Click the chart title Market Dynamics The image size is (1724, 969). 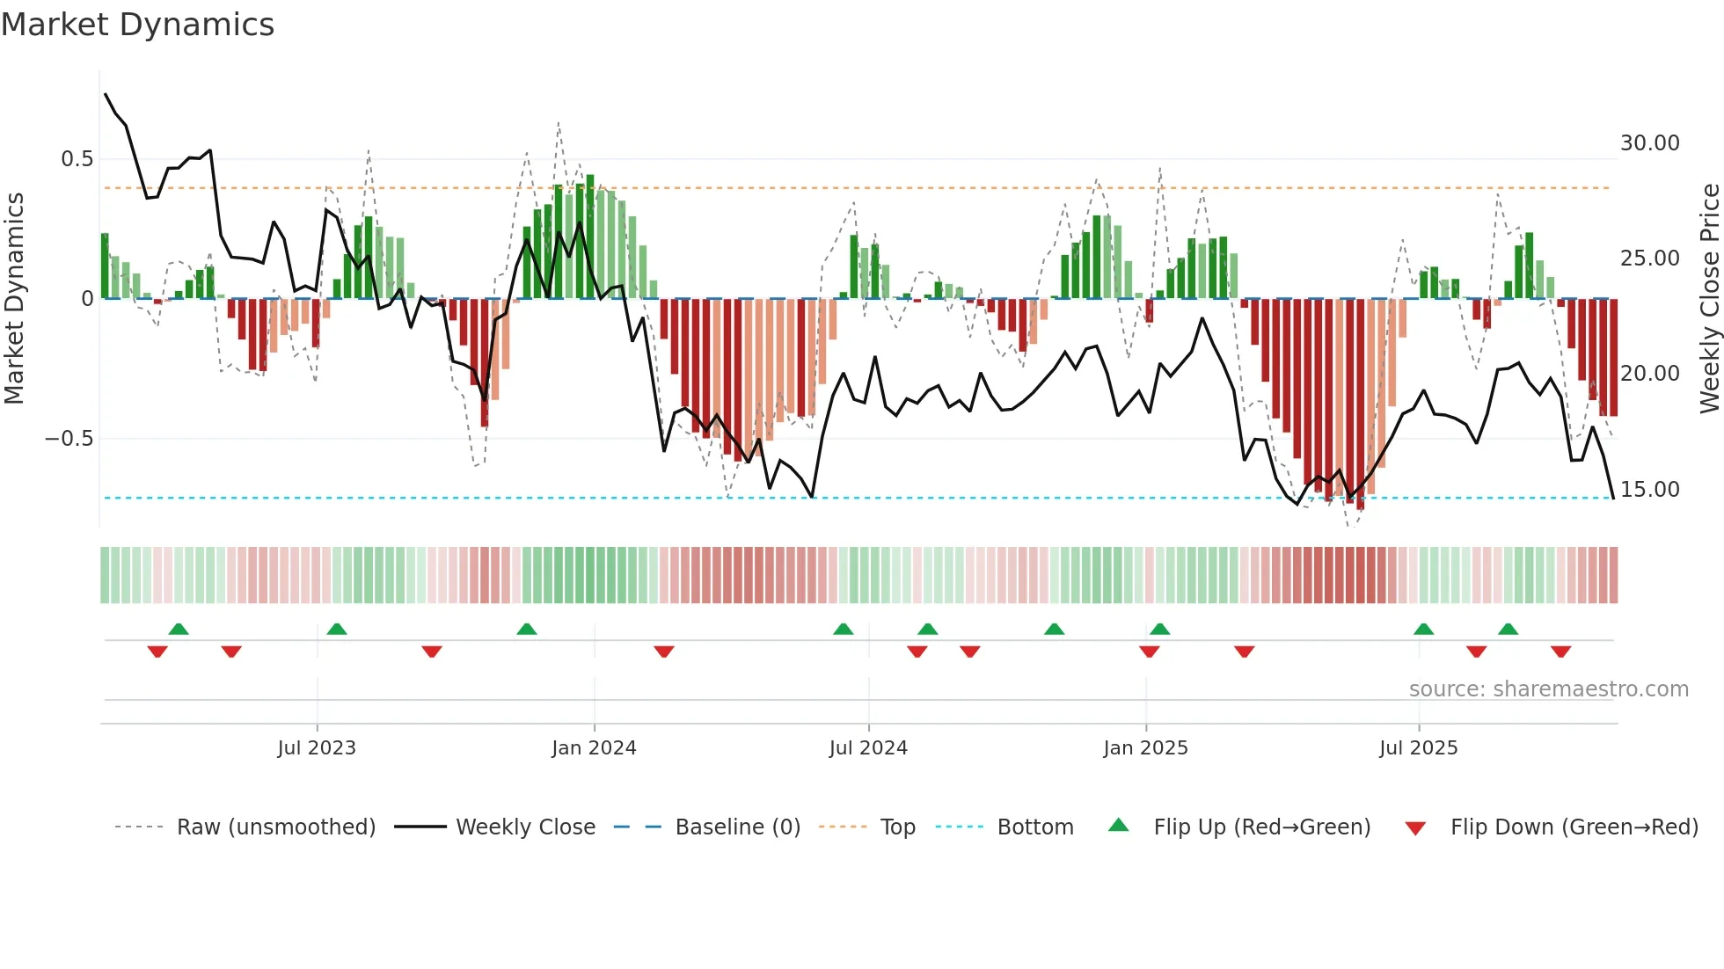137,25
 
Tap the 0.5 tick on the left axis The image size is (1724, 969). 77,159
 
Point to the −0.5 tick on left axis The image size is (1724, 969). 69,439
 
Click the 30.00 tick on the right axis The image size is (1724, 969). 1649,143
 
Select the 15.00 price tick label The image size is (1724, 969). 1649,490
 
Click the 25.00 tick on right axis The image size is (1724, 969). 1649,259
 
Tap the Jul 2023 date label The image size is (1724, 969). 317,748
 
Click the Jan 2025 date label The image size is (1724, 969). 1145,748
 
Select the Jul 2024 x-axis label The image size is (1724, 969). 868,748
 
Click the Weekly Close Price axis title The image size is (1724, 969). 1709,299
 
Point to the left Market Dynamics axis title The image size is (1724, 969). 14,299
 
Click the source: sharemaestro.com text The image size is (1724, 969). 1548,689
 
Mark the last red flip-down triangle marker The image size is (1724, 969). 1560,652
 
